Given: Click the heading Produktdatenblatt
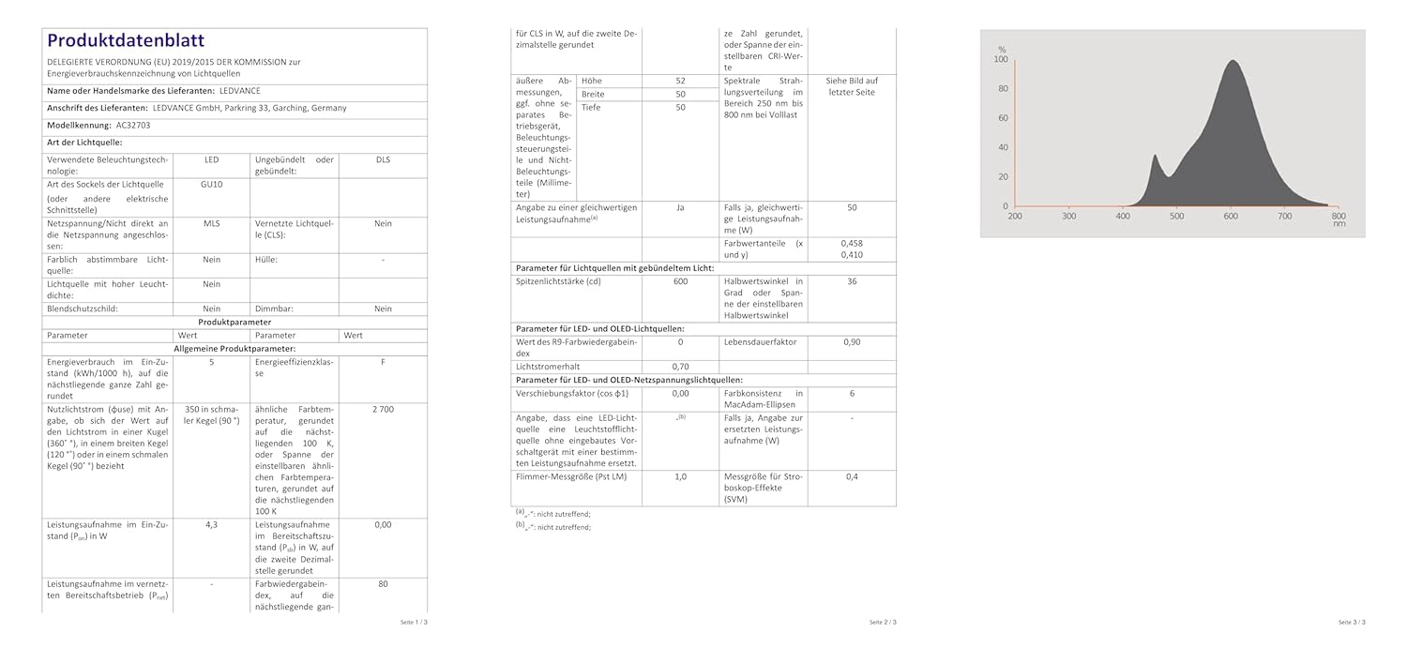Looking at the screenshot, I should click(125, 40).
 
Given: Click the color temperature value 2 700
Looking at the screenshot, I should click(383, 411).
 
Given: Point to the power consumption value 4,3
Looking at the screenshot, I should click(211, 524).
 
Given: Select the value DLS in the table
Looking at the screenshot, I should click(383, 160).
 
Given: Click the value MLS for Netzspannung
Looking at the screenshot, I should click(211, 223).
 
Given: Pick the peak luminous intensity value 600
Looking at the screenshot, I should click(680, 281).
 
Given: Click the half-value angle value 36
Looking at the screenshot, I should click(852, 281).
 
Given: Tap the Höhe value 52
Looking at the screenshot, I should click(680, 81).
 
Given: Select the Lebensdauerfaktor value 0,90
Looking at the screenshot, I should click(852, 342).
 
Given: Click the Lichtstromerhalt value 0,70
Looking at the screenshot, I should click(680, 366).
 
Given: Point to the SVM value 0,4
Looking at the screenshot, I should click(852, 476).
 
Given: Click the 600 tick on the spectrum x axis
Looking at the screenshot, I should click(1231, 216).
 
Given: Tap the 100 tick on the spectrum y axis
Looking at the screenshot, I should click(1002, 59).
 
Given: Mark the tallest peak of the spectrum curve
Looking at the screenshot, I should click(1231, 61).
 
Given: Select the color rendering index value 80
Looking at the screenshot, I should click(383, 584).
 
